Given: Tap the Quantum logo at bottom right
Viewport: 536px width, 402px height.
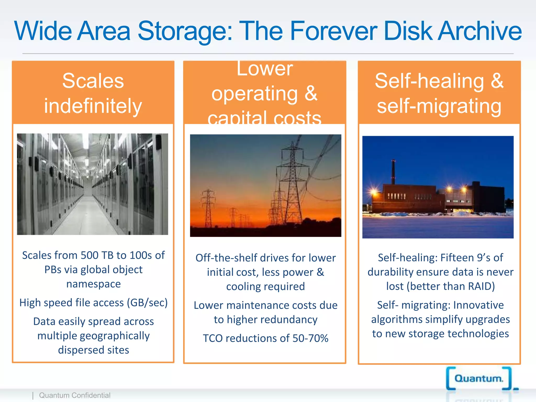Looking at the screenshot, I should click(479, 378).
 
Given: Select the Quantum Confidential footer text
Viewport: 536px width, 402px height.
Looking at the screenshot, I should click(75, 395).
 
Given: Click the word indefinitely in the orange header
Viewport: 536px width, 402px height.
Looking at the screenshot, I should click(93, 106).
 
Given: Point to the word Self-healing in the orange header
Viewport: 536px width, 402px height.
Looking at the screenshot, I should click(429, 81).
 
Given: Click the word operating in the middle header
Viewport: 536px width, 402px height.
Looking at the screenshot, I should click(254, 94).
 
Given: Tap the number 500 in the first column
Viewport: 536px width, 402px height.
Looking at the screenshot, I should click(90, 255).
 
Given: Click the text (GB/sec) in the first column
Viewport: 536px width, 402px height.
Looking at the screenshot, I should click(147, 303).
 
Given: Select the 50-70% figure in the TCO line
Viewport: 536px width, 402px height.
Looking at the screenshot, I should click(310, 338).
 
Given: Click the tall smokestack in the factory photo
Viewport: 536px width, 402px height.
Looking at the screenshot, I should click(393, 173).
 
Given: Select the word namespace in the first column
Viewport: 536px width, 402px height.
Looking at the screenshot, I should click(93, 284).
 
